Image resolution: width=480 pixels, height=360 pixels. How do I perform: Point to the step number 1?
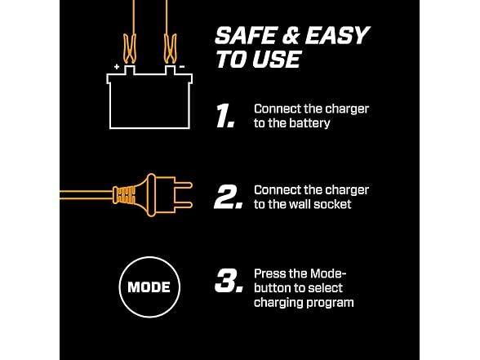(225, 115)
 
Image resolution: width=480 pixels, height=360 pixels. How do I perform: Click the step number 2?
(229, 197)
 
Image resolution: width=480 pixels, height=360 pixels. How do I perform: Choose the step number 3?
(229, 281)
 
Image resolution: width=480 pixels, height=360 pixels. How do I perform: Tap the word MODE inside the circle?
(149, 287)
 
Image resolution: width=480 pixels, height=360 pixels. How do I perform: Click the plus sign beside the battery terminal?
(117, 66)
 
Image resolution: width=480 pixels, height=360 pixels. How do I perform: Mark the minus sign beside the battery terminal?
(182, 66)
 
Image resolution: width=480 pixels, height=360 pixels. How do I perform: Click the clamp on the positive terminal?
(130, 49)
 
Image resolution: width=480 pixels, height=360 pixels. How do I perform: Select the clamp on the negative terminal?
(170, 49)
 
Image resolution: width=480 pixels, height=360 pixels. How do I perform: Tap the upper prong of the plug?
(184, 185)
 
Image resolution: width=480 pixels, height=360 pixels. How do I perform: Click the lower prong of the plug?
(184, 205)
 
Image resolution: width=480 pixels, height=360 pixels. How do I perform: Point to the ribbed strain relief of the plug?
(124, 195)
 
